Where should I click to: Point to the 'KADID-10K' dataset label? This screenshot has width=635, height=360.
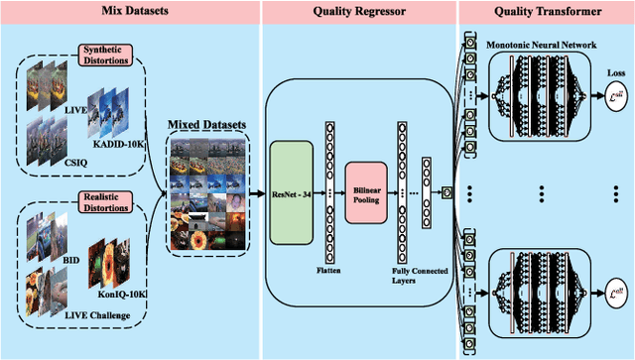point(117,145)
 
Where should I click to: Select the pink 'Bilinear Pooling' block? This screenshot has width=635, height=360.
point(365,192)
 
